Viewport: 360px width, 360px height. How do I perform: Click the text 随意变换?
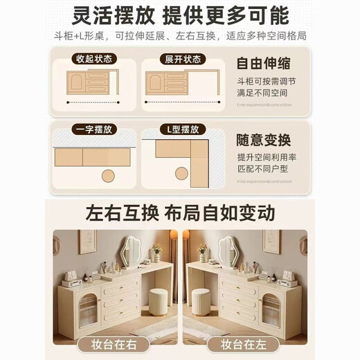(x=260, y=137)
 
